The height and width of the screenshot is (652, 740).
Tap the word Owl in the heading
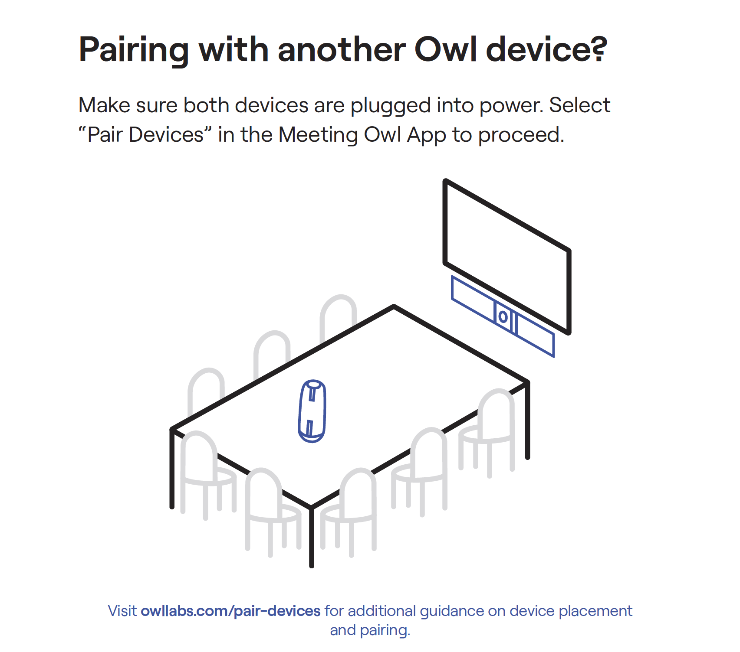(x=445, y=49)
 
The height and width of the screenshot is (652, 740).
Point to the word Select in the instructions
(x=579, y=105)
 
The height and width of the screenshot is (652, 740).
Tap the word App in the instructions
(x=426, y=136)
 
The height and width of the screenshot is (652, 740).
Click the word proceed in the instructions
(x=521, y=136)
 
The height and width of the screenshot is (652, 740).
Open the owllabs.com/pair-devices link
(x=230, y=611)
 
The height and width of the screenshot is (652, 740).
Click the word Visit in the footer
(x=122, y=611)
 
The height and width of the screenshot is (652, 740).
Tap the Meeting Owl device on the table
(x=312, y=411)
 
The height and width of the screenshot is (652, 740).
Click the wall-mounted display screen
(x=506, y=256)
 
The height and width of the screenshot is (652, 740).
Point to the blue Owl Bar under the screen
(x=503, y=316)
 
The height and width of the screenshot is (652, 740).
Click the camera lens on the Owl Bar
(x=503, y=317)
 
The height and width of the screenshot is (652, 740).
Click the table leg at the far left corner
(x=172, y=468)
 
